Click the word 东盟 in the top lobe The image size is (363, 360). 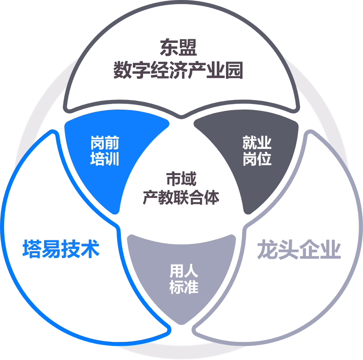coord(178,47)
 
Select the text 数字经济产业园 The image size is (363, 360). coord(178,70)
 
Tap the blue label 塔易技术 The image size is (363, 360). coord(61,249)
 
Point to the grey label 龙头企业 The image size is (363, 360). coord(299,250)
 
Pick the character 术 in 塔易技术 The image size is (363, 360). coord(90,249)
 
